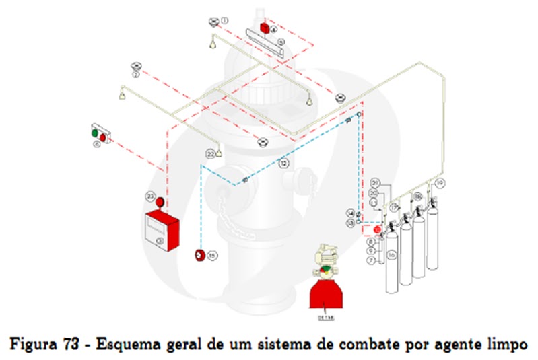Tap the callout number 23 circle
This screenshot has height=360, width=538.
click(x=150, y=195)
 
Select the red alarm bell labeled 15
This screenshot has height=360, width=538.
click(x=199, y=255)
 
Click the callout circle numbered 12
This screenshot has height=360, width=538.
click(x=284, y=163)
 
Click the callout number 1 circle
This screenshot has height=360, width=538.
click(x=225, y=21)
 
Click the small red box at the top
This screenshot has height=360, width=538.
click(x=265, y=28)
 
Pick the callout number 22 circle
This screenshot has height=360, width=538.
click(x=210, y=154)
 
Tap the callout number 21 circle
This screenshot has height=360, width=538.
click(x=375, y=183)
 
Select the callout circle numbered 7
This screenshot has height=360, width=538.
click(x=370, y=260)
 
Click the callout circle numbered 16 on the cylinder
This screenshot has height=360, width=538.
click(x=391, y=256)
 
